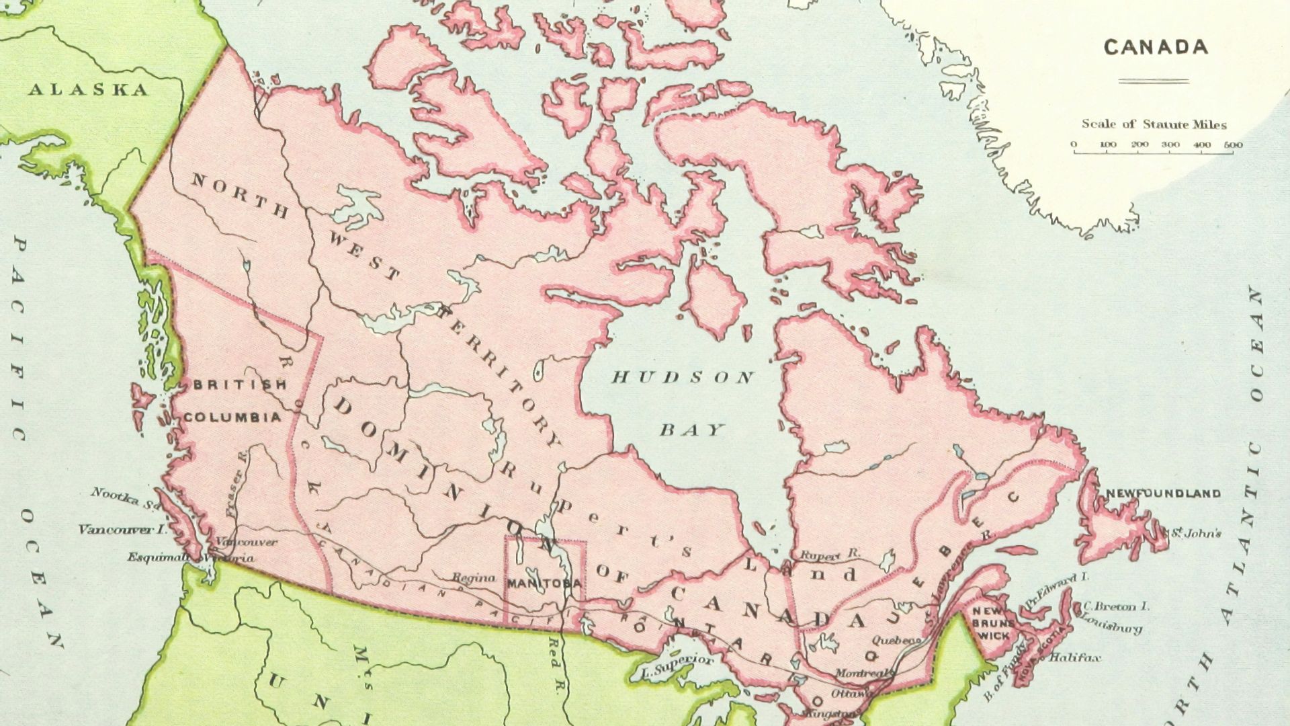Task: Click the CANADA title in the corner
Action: pyautogui.click(x=1156, y=47)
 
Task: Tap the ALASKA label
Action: pyautogui.click(x=88, y=90)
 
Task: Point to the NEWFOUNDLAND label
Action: pyautogui.click(x=1163, y=493)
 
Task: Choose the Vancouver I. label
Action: pyautogui.click(x=122, y=529)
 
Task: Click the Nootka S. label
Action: pyautogui.click(x=126, y=497)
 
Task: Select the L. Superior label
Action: pyautogui.click(x=675, y=665)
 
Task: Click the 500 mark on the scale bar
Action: pyautogui.click(x=1233, y=145)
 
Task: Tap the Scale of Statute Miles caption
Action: pyautogui.click(x=1154, y=124)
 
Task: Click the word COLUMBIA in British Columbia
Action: pyautogui.click(x=232, y=417)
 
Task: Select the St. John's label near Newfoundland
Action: pyautogui.click(x=1196, y=534)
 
